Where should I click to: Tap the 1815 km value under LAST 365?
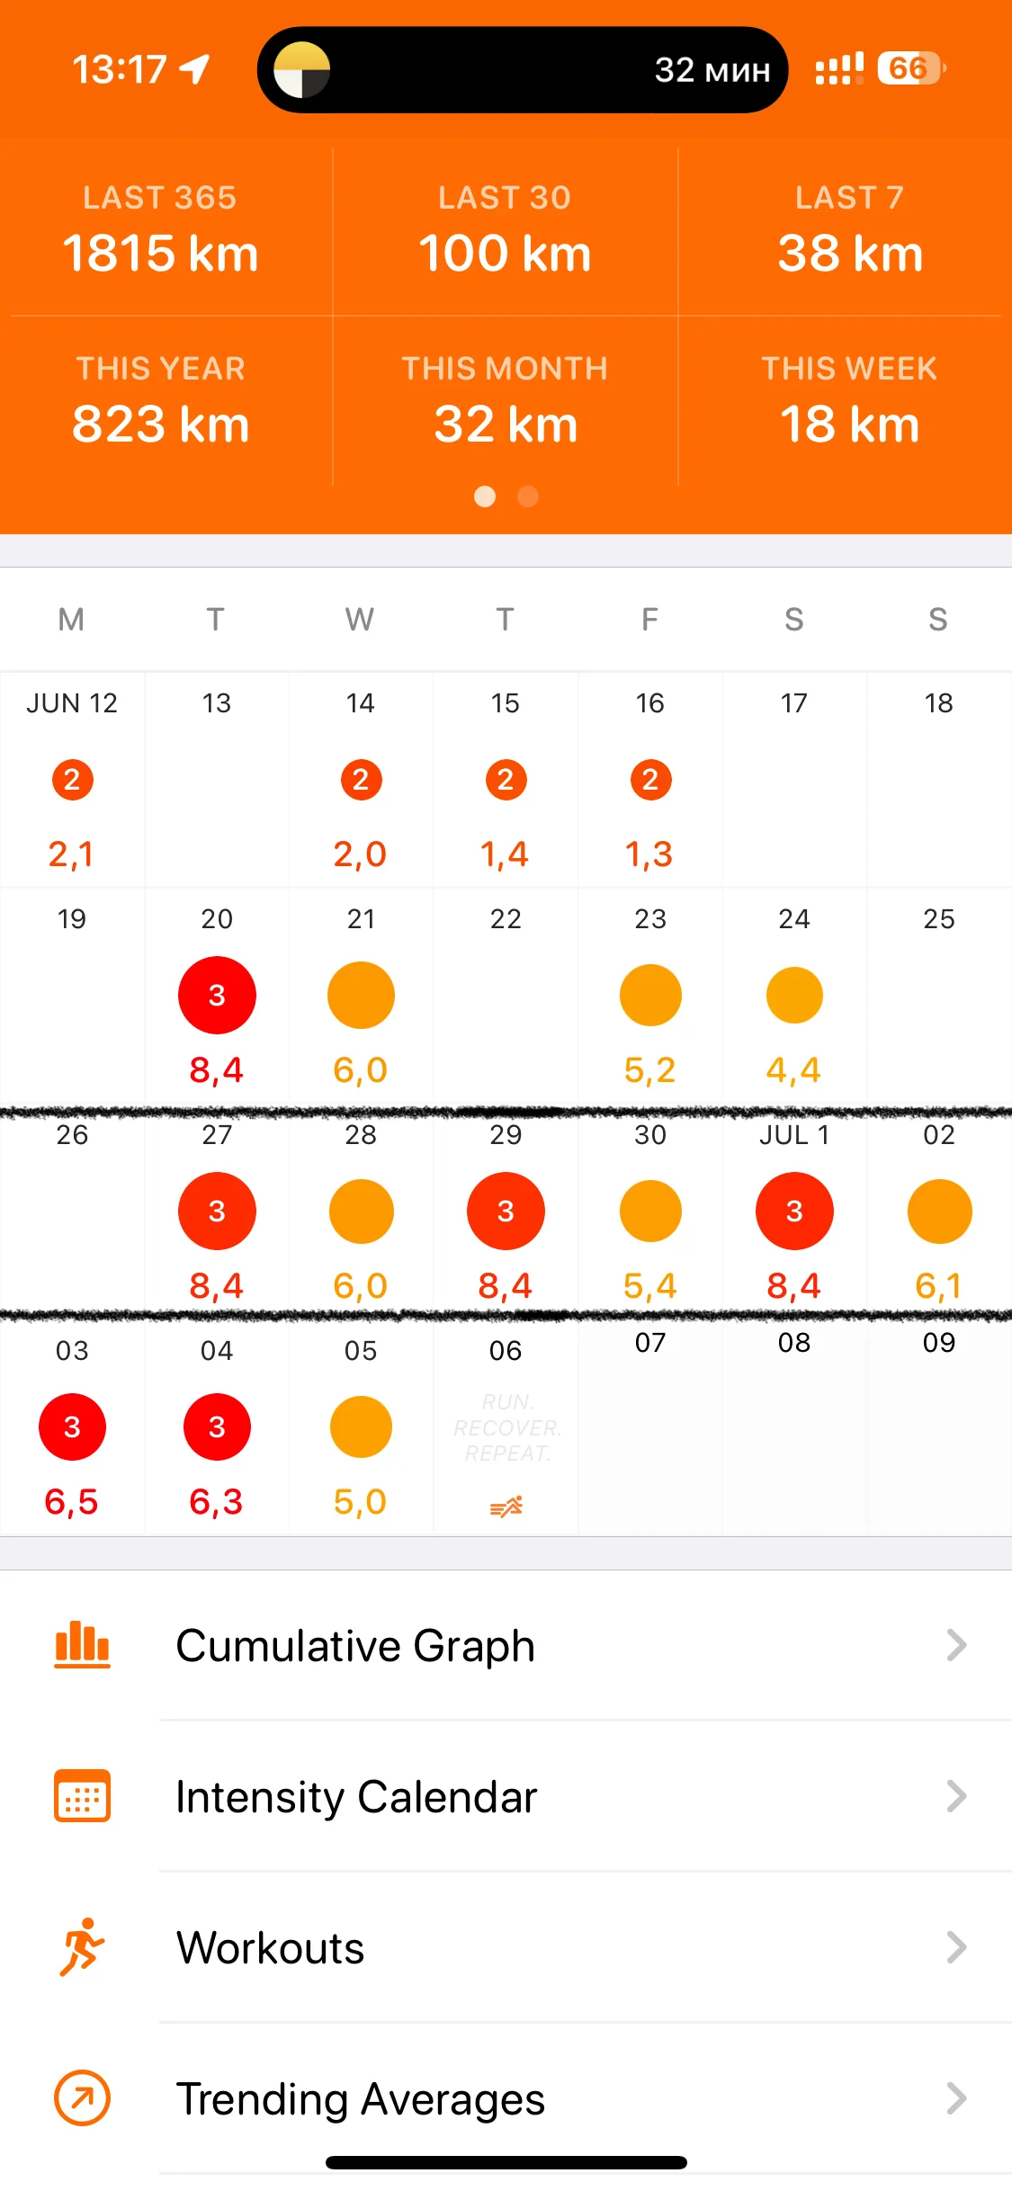(160, 254)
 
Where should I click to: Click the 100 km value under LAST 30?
(505, 254)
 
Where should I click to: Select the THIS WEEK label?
(849, 369)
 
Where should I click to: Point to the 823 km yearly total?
(160, 425)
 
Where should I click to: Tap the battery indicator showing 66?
(909, 68)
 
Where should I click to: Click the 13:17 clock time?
(120, 69)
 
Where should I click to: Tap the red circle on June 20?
(217, 996)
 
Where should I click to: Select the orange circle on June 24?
(794, 996)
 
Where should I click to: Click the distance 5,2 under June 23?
(649, 1070)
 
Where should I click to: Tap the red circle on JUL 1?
(794, 1212)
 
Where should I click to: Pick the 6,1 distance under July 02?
(938, 1286)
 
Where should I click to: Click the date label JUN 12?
(72, 703)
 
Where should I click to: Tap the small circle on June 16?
(649, 780)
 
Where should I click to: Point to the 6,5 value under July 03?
(72, 1502)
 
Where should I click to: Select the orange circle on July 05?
(361, 1427)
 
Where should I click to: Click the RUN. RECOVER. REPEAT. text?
(506, 1428)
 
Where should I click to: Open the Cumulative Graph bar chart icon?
(82, 1645)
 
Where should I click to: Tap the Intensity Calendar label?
(356, 1797)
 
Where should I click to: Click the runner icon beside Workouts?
(82, 1947)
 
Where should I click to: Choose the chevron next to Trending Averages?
(956, 2098)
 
